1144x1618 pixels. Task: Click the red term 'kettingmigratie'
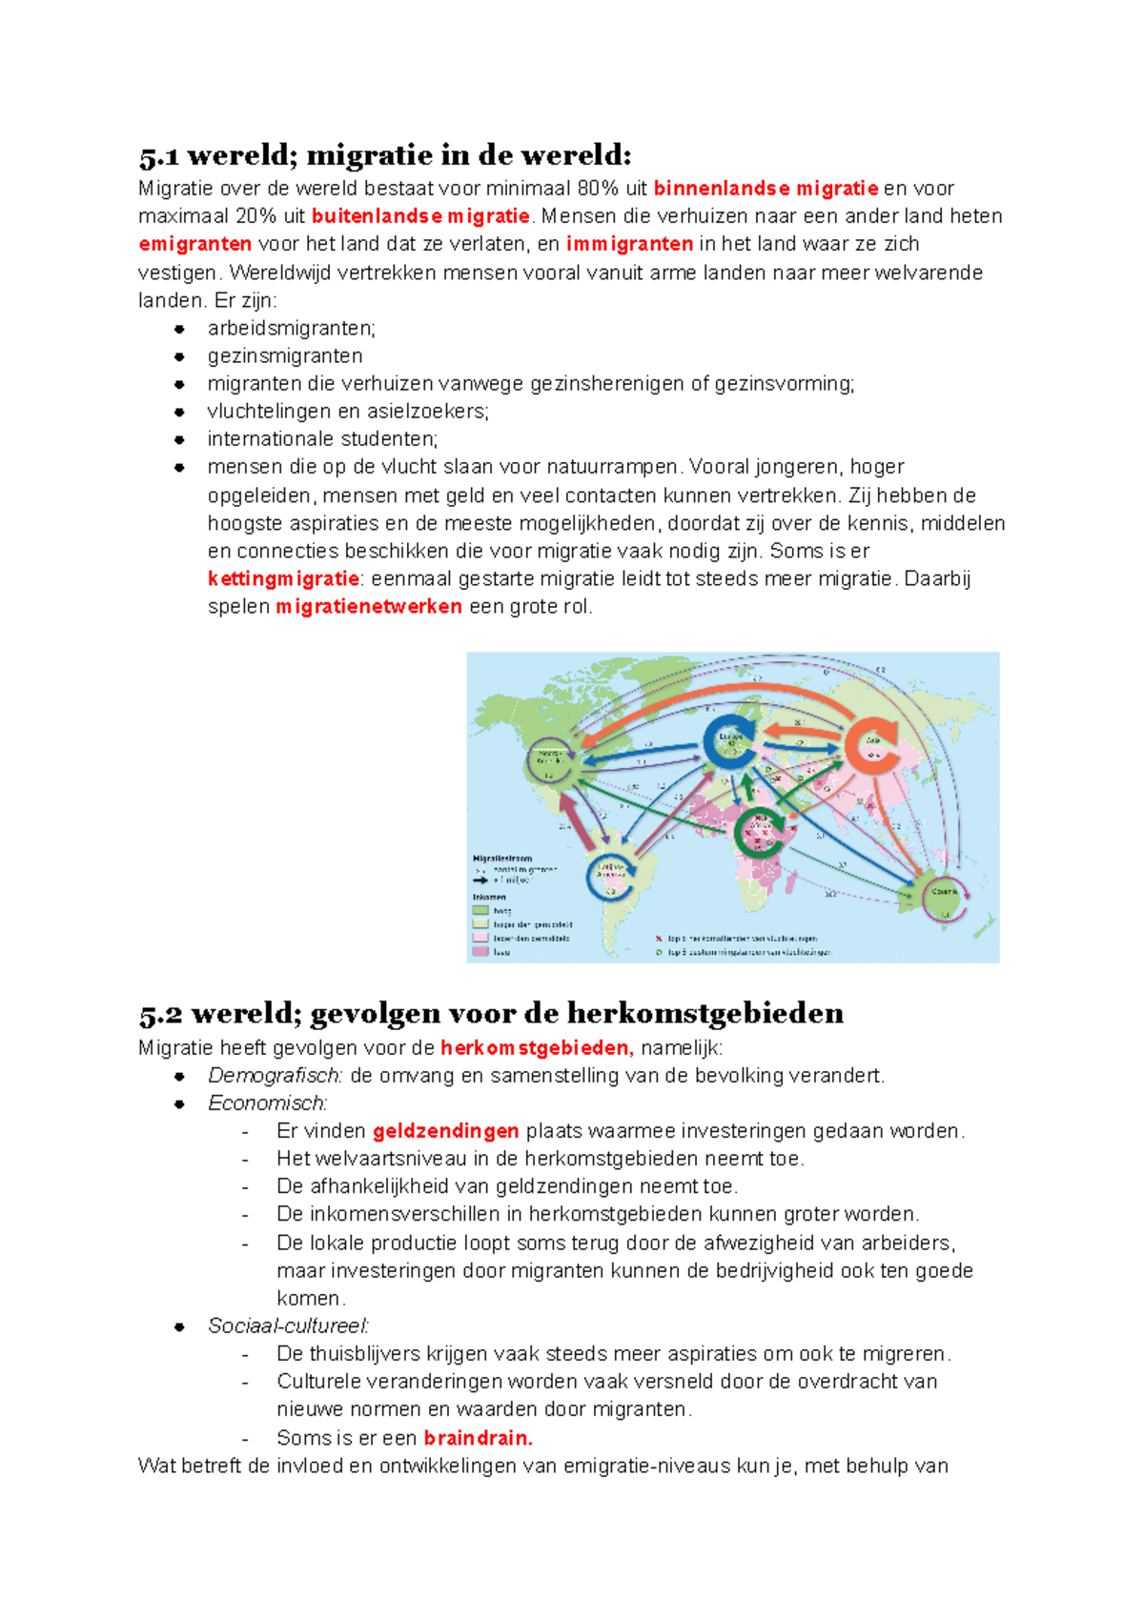pos(283,578)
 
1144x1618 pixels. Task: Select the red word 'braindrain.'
pos(478,1438)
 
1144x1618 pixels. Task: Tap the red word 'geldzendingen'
pos(445,1131)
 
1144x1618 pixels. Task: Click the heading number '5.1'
pos(158,155)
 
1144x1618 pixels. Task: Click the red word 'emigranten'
pos(194,244)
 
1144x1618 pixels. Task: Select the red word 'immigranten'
pos(629,244)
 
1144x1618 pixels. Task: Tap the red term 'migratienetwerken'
pos(369,607)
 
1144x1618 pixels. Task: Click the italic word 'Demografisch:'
pos(276,1076)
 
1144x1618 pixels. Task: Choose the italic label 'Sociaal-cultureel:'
pos(289,1326)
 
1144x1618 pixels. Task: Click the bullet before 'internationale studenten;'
pos(178,439)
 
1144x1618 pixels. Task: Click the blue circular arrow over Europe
pos(730,741)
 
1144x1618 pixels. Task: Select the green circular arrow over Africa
pos(760,835)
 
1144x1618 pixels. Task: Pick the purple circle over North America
pos(550,761)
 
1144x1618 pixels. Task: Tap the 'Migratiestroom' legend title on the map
pos(502,859)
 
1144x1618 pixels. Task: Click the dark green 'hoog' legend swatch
pos(480,911)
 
